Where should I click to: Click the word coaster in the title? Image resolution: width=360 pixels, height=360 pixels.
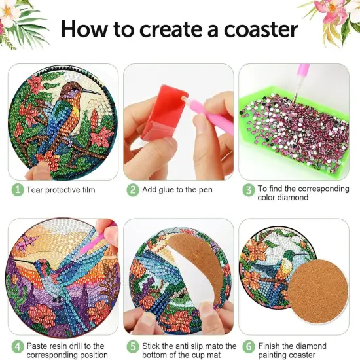click(x=260, y=29)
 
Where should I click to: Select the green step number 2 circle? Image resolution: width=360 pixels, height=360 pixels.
click(x=132, y=190)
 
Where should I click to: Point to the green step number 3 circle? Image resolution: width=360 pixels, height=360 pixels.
click(x=249, y=190)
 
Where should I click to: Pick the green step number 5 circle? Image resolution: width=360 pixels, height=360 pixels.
click(x=132, y=346)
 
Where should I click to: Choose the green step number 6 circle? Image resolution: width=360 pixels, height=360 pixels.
click(x=249, y=346)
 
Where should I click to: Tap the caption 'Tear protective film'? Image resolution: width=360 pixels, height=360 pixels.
click(x=61, y=190)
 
